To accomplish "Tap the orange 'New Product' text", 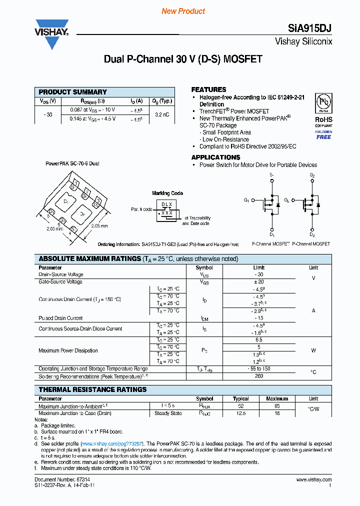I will point(183,11).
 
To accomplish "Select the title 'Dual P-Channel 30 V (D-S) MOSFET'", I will point(183,59).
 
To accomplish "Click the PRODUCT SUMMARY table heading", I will point(73,92).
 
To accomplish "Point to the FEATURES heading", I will point(208,89).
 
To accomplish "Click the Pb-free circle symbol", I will point(323,102).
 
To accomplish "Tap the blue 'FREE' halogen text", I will point(323,137).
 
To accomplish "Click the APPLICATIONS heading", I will point(215,157).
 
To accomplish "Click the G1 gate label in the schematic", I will point(246,200).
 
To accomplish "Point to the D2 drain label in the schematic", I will point(312,234).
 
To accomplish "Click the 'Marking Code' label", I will point(167,193).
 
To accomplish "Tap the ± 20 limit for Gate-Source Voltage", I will point(258,281).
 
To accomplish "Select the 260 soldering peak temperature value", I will point(258,376).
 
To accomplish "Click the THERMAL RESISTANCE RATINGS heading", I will point(93,389).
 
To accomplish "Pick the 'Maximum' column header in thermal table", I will point(277,398).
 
